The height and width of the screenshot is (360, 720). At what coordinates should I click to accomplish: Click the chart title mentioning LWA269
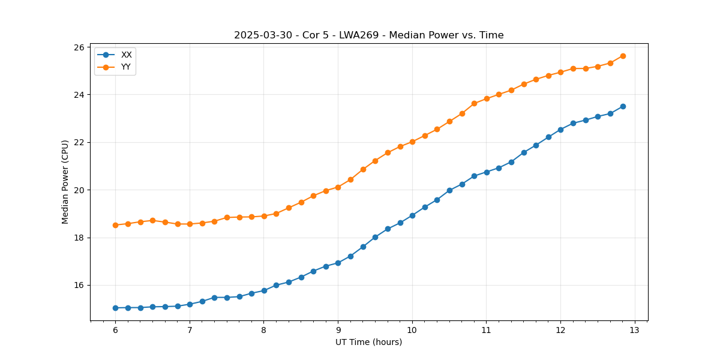click(x=368, y=35)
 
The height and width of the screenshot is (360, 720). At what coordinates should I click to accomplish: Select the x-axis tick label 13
click(x=635, y=331)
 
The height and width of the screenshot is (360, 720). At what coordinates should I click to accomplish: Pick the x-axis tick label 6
click(x=115, y=331)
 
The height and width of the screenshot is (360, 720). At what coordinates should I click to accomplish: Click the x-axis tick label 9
click(x=338, y=331)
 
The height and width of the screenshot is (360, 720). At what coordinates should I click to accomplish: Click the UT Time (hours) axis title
click(x=368, y=343)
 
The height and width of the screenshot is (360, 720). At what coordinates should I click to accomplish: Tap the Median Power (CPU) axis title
click(x=65, y=182)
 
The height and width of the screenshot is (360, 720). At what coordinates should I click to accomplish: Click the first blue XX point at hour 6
click(x=115, y=308)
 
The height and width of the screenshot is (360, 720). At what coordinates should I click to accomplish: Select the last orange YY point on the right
click(x=623, y=56)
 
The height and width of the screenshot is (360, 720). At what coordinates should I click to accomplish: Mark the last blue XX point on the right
click(x=623, y=106)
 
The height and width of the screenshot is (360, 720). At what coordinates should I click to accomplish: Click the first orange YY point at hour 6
click(x=115, y=225)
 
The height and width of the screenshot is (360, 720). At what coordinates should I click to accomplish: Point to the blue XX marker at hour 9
click(x=338, y=263)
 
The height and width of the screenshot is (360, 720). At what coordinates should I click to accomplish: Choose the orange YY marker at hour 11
click(x=487, y=98)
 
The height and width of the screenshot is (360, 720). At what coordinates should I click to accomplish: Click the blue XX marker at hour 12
click(x=560, y=130)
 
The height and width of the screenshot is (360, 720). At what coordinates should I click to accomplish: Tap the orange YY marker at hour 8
click(x=264, y=216)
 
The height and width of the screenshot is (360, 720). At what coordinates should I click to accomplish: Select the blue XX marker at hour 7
click(x=190, y=304)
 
